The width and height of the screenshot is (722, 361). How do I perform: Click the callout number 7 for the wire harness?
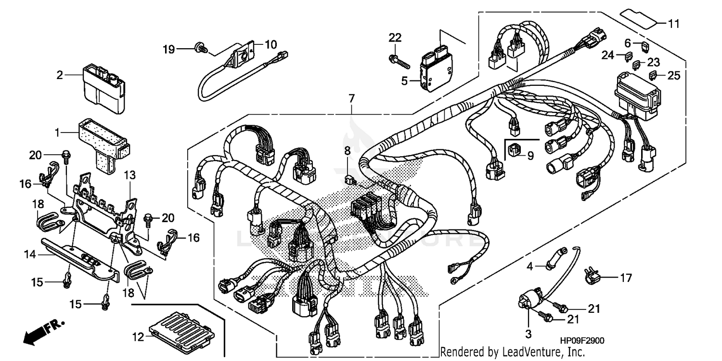pyautogui.click(x=352, y=99)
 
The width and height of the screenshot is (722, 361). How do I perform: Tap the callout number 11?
pyautogui.click(x=673, y=23)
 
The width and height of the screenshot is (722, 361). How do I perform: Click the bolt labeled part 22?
pyautogui.click(x=398, y=61)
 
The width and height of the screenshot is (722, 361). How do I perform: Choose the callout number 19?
pyautogui.click(x=168, y=49)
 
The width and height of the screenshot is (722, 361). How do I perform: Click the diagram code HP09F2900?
pyautogui.click(x=582, y=341)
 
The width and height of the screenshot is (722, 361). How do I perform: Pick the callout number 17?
pyautogui.click(x=625, y=278)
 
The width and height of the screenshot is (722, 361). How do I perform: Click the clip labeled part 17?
pyautogui.click(x=591, y=275)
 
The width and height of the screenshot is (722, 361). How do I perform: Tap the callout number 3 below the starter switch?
pyautogui.click(x=528, y=334)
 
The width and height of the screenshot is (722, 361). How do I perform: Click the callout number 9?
pyautogui.click(x=530, y=156)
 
